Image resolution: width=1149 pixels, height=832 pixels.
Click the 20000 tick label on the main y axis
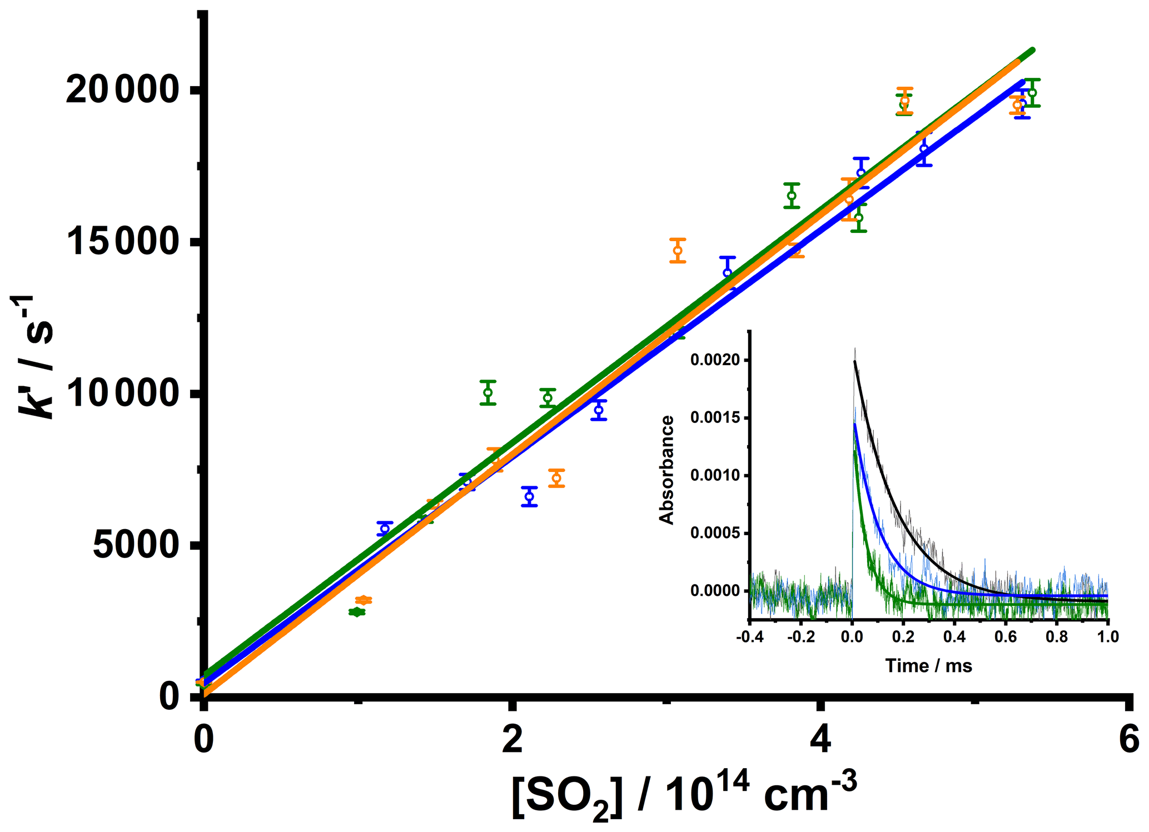pyautogui.click(x=121, y=91)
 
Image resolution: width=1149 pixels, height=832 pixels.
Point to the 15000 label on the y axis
pyautogui.click(x=121, y=242)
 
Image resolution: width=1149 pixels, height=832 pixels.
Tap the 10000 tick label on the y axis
pyautogui.click(x=121, y=393)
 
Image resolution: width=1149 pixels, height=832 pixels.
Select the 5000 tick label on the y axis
pyautogui.click(x=135, y=545)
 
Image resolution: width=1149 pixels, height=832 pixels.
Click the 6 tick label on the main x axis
pyautogui.click(x=1127, y=741)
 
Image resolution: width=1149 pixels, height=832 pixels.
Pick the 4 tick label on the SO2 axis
pyautogui.click(x=819, y=741)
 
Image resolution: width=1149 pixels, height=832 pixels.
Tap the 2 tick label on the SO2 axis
pyautogui.click(x=512, y=741)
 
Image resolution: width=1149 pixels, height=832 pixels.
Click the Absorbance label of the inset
pyautogui.click(x=666, y=470)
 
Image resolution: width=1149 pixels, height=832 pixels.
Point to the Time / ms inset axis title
pyautogui.click(x=928, y=665)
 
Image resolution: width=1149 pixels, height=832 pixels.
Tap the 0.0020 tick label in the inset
pyautogui.click(x=715, y=360)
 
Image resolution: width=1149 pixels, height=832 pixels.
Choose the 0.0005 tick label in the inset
pyautogui.click(x=715, y=533)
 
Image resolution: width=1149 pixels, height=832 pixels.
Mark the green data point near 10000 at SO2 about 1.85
pyautogui.click(x=488, y=392)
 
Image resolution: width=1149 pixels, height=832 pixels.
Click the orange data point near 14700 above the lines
pyautogui.click(x=678, y=250)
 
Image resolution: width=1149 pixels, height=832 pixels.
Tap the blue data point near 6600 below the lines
pyautogui.click(x=529, y=496)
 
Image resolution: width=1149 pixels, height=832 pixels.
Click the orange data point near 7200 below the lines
pyautogui.click(x=556, y=478)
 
